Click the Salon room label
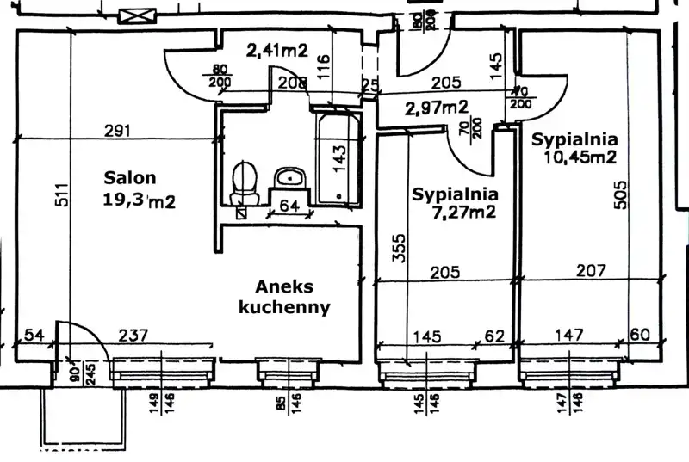coord(131,179)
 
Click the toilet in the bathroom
coord(245,179)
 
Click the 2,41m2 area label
coord(277,50)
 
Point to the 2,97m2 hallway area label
coord(437,108)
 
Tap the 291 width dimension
coord(117,131)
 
